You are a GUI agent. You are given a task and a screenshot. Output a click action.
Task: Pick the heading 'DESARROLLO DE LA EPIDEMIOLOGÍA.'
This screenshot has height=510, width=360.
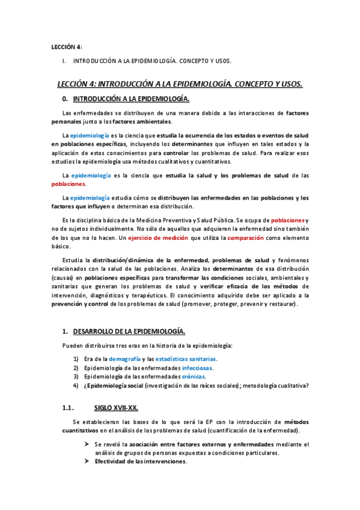point(129,331)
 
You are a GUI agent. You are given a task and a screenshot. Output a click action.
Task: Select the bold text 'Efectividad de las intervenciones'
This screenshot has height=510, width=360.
point(139,461)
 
